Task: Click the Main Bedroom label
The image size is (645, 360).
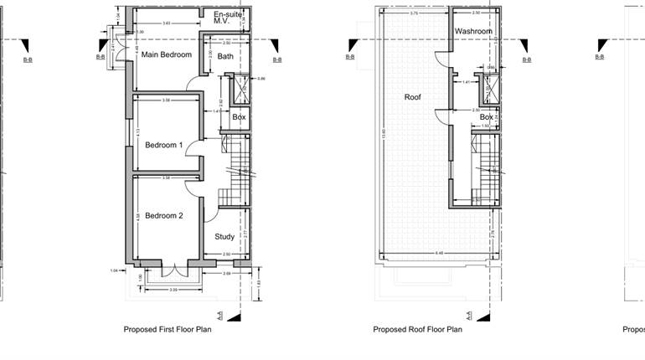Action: click(166, 55)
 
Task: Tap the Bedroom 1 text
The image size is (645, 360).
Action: click(161, 145)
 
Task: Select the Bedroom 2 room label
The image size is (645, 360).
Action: click(163, 216)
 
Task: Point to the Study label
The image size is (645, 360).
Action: click(224, 237)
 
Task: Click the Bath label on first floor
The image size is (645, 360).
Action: click(225, 57)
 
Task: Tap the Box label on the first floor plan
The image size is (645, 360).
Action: click(239, 117)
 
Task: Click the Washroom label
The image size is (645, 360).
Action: click(473, 32)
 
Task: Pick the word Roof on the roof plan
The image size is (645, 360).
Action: click(412, 97)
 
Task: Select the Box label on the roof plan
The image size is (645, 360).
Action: click(486, 117)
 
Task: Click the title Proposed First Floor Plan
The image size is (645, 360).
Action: click(168, 330)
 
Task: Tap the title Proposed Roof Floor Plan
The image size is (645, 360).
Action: click(417, 330)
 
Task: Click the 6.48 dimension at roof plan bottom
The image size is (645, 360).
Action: click(438, 253)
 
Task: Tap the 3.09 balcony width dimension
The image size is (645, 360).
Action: click(173, 290)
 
